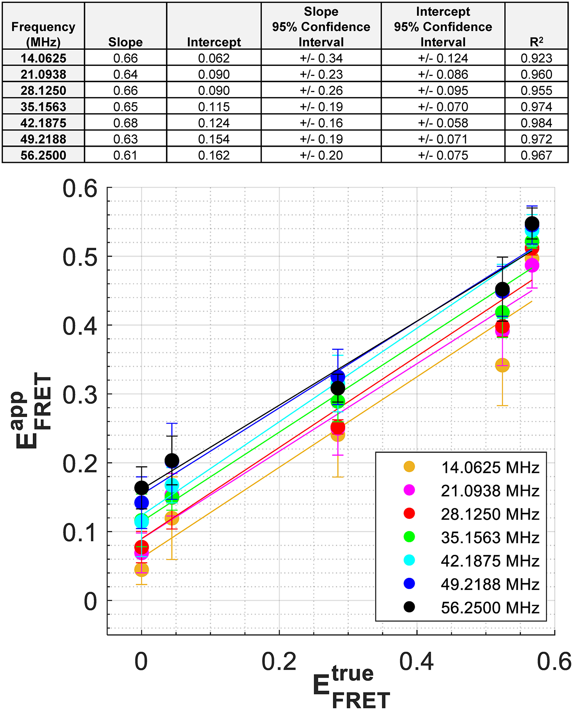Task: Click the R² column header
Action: point(536,42)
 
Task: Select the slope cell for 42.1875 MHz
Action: point(125,123)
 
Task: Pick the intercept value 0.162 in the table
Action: point(214,155)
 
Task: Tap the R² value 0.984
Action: point(536,123)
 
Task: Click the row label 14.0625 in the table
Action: point(43,58)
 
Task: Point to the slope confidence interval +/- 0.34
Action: point(321,58)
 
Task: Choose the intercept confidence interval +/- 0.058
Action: point(443,123)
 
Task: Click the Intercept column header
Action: point(214,42)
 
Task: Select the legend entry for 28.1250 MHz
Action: point(490,514)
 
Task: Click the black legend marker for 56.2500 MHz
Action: point(409,607)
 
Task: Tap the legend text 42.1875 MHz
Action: point(490,561)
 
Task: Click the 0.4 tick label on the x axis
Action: point(416,662)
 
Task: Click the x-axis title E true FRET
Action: point(352,687)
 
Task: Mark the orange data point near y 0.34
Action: point(502,365)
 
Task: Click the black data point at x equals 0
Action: point(141,488)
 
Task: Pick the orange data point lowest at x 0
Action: point(141,569)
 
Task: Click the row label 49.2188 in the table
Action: point(43,139)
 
